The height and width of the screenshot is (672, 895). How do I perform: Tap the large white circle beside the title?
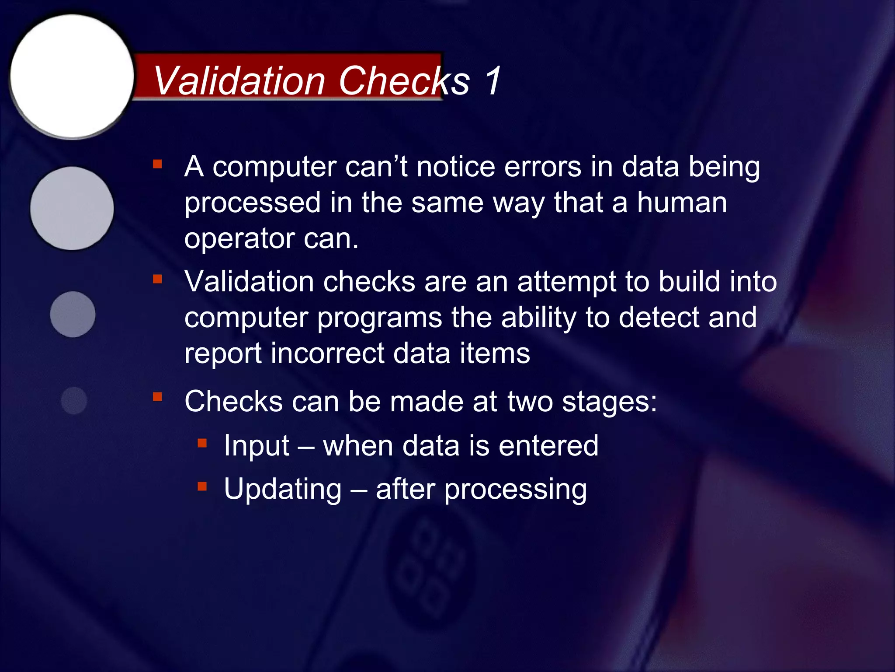(x=72, y=77)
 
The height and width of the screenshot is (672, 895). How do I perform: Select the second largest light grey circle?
(x=72, y=208)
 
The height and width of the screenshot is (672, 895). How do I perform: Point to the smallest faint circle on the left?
(x=74, y=400)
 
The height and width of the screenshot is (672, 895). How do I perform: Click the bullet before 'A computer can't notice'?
(x=158, y=164)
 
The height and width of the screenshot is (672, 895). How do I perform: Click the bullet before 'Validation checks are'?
(x=158, y=279)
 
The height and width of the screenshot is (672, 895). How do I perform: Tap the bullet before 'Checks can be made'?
(x=158, y=397)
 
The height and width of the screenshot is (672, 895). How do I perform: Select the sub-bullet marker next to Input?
(x=202, y=444)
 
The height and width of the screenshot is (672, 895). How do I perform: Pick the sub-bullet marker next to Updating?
(x=202, y=486)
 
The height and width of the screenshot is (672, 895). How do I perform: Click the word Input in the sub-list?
(x=257, y=446)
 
